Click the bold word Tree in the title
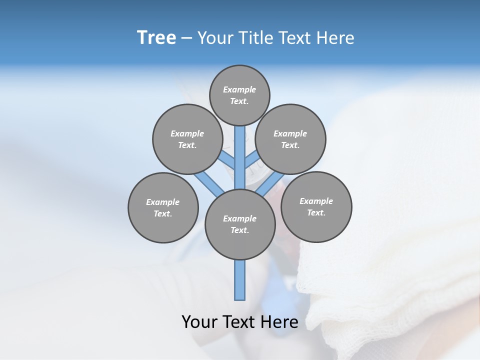(156, 37)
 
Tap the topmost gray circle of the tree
(239, 95)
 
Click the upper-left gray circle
(187, 139)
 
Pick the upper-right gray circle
(290, 139)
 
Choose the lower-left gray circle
(163, 207)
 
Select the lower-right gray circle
(316, 206)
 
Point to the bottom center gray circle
(240, 224)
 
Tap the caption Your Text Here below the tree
(240, 321)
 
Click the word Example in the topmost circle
(239, 89)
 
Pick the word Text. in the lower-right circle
(316, 212)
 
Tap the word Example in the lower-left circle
(163, 202)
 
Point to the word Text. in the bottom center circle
(240, 230)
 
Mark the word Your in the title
(216, 38)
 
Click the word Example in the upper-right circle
(290, 133)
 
